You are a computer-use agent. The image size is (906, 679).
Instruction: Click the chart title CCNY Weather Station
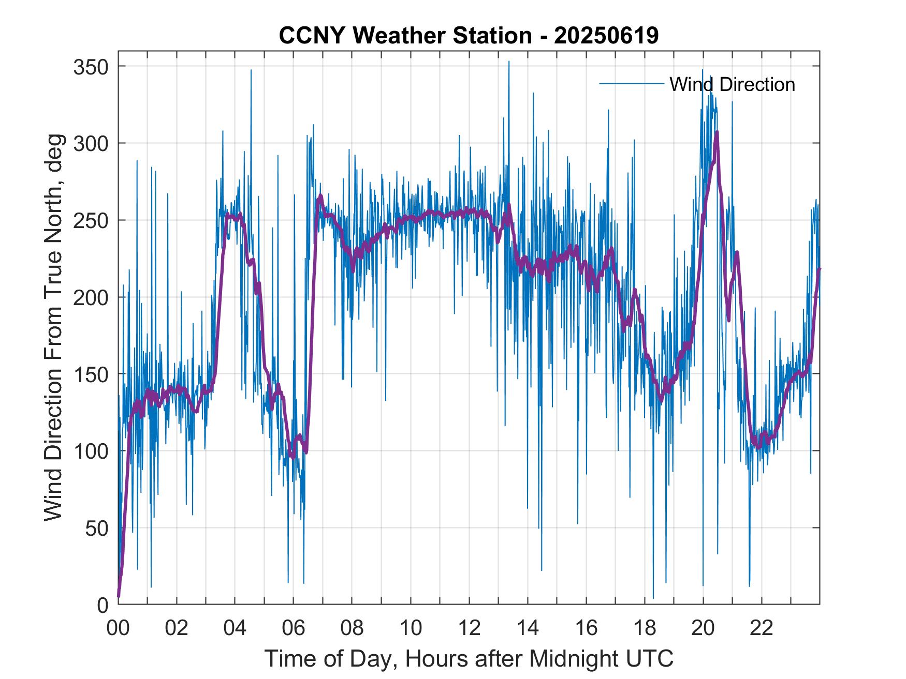point(405,36)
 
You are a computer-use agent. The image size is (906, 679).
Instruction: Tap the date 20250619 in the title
point(606,36)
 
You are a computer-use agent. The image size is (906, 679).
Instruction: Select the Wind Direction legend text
point(732,84)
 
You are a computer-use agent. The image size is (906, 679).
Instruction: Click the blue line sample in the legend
point(631,84)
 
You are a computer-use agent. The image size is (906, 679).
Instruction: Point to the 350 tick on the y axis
point(91,67)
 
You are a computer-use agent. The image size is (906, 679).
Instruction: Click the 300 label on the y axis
point(91,143)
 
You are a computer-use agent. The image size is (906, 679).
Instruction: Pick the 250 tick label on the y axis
point(91,220)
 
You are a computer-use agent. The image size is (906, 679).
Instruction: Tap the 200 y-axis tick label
point(91,297)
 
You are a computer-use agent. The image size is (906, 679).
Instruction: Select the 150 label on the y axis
point(91,374)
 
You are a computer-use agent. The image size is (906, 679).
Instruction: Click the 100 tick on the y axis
point(91,451)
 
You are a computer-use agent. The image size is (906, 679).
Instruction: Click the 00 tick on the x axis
point(118,628)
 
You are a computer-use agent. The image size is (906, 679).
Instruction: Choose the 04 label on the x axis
point(235,628)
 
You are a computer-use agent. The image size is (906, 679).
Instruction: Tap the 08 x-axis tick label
point(352,628)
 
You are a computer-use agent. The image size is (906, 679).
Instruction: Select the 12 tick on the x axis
point(469,628)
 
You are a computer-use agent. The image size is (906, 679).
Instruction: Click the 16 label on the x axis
point(586,628)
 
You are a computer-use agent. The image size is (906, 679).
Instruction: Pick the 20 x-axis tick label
point(703,628)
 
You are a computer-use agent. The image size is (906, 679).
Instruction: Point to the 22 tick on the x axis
point(762,628)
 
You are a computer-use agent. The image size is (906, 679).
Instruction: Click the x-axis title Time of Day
point(469,658)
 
